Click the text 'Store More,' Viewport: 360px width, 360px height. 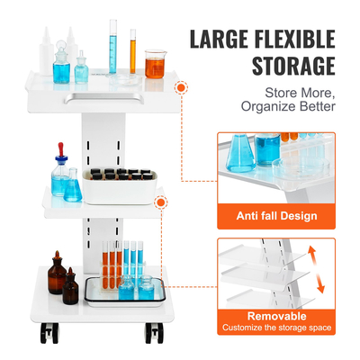(300, 92)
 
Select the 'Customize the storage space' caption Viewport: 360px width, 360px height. (276, 328)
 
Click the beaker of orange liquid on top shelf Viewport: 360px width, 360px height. (155, 62)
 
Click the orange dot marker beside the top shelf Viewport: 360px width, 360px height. (184, 88)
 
